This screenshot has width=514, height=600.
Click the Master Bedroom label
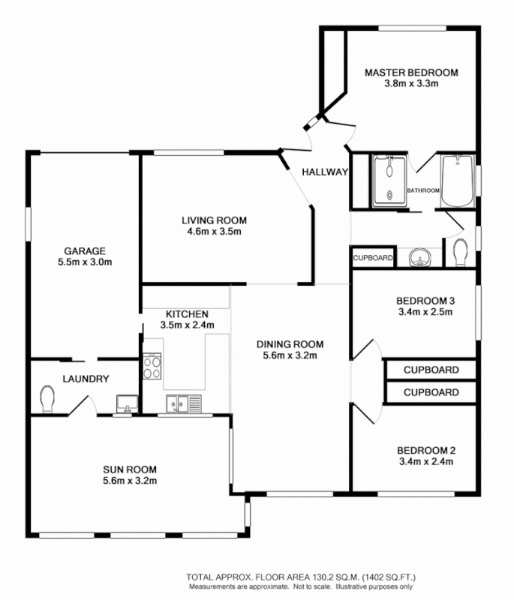(x=410, y=73)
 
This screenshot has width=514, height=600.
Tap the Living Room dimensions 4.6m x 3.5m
(x=214, y=232)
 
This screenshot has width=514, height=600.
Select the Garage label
(x=85, y=251)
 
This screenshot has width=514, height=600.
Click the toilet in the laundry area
(x=47, y=398)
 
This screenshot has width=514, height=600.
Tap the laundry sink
(x=126, y=404)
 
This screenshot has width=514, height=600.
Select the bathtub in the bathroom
(x=456, y=180)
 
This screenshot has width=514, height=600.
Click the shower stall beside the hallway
(x=389, y=179)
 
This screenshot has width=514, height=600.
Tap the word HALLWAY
(x=325, y=172)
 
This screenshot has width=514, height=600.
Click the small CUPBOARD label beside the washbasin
(x=373, y=257)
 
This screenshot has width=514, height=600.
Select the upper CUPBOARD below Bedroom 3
(x=431, y=370)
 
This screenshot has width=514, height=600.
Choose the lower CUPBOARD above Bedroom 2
(x=431, y=392)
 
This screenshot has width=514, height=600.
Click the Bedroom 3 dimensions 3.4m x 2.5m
(x=425, y=312)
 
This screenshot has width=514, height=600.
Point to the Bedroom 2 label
(x=425, y=450)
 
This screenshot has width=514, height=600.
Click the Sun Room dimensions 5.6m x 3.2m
(x=130, y=481)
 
